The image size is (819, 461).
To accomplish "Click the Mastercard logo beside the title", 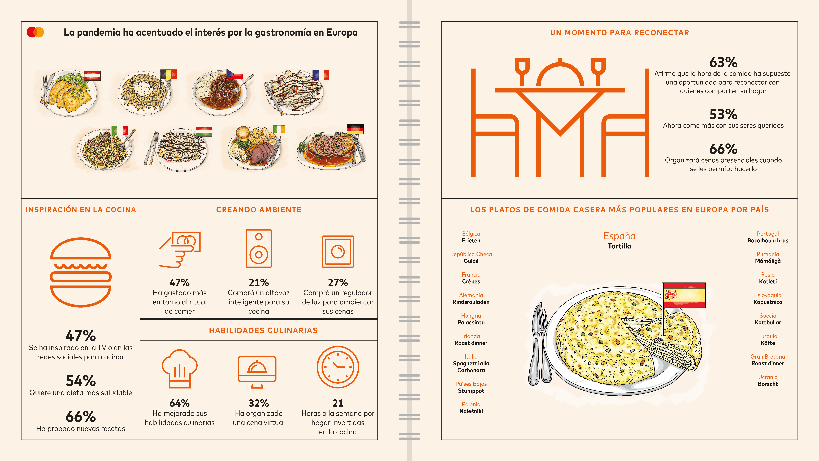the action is point(35,32).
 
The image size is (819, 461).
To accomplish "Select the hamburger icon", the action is point(81,272).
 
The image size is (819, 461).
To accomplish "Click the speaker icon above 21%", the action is point(259,248).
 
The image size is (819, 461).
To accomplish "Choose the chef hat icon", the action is point(180,369).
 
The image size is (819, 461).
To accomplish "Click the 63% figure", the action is point(723,62).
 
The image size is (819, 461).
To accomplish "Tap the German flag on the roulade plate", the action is point(355,129).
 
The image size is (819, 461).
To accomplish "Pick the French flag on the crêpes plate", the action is point(321,75).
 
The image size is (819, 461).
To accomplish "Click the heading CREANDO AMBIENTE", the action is point(259,210).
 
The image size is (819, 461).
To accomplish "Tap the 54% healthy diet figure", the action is point(81,381).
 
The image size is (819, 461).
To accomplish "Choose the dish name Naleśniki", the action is point(471,411).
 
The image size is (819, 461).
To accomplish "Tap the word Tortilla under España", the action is point(619,246).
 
